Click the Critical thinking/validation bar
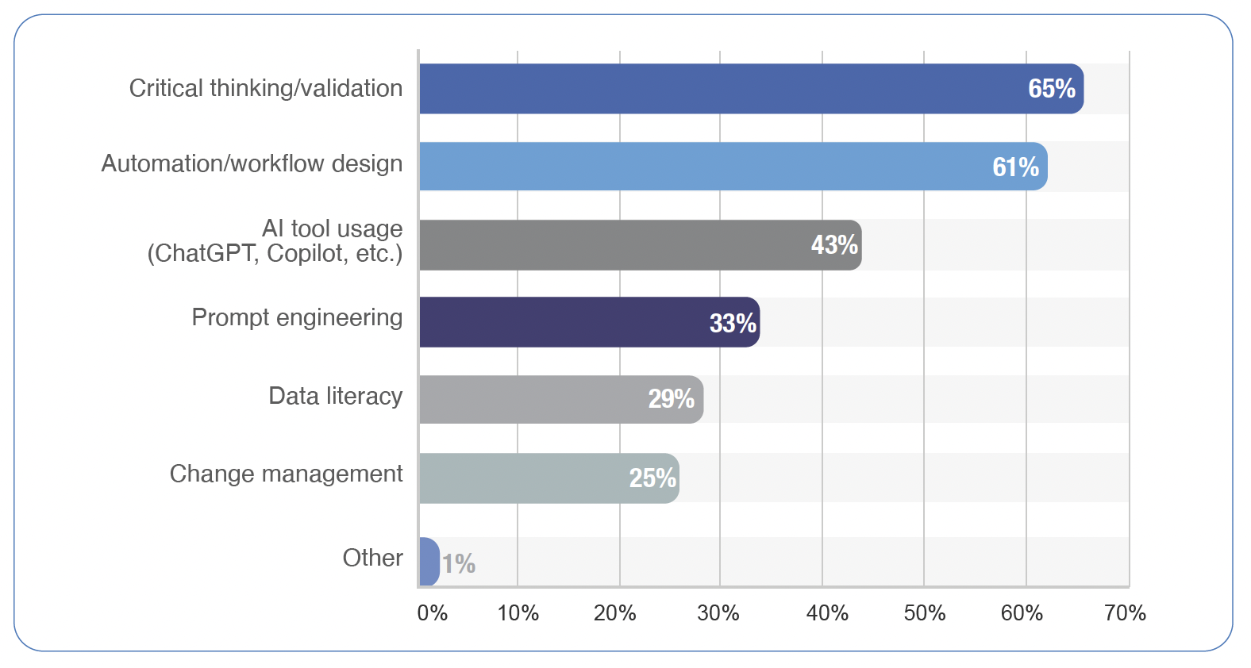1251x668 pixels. click(751, 89)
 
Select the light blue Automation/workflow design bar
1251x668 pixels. click(733, 167)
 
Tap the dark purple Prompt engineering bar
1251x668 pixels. click(589, 322)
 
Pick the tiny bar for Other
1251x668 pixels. click(429, 562)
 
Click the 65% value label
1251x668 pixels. click(1052, 89)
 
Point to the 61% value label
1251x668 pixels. click(1015, 167)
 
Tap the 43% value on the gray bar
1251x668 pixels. click(834, 245)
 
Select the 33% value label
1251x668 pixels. click(733, 323)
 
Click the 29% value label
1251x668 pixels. click(672, 398)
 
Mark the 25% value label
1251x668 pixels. click(652, 478)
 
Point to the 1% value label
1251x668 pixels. click(459, 563)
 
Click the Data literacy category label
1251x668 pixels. click(335, 396)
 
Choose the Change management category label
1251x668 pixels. click(286, 474)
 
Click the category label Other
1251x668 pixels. click(372, 558)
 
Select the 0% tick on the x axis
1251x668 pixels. click(433, 612)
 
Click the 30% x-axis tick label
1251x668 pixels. click(718, 612)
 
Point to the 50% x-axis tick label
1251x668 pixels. click(925, 612)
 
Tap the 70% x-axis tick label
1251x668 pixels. click(1125, 612)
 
